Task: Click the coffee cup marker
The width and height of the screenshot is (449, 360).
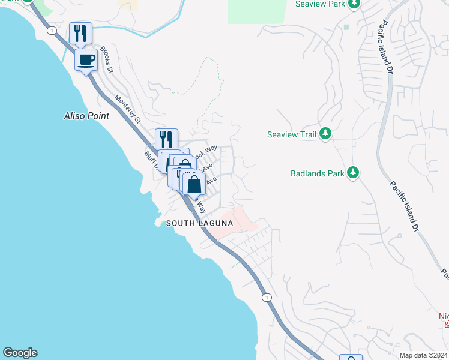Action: tap(86, 59)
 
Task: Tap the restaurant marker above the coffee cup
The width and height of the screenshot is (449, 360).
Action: tap(80, 33)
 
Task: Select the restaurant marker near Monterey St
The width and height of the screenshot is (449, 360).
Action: tap(166, 139)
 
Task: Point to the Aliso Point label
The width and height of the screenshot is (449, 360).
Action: tap(87, 116)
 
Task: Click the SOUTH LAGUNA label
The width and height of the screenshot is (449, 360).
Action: tap(199, 223)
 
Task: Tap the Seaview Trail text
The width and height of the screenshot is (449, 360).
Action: tap(291, 134)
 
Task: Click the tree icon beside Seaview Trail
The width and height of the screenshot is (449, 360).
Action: tap(325, 133)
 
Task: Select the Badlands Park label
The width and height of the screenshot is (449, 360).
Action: tap(317, 173)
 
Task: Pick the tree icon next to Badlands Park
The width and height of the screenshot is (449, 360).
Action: tap(354, 173)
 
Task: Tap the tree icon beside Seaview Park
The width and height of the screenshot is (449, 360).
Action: tap(354, 4)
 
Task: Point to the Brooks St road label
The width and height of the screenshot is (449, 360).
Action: tap(107, 59)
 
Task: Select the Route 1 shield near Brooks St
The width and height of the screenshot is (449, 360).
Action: tap(53, 30)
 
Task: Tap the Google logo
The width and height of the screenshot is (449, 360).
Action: tap(20, 353)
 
